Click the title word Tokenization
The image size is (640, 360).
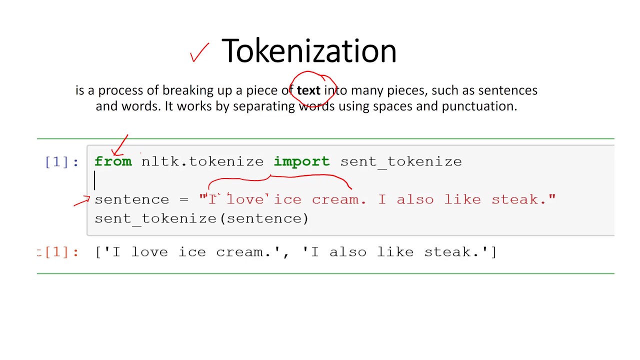[308, 51]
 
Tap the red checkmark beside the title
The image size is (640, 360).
[199, 52]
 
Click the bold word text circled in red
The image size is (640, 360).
[308, 90]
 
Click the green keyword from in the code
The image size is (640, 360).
[113, 161]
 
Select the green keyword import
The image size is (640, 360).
[301, 161]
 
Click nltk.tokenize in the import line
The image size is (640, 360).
[202, 161]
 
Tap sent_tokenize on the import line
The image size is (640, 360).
[401, 161]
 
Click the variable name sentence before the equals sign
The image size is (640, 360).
[132, 199]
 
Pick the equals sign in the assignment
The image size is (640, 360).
[185, 199]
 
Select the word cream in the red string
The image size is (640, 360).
[335, 199]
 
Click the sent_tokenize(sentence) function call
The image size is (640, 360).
[201, 218]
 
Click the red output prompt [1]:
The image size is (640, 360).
[59, 252]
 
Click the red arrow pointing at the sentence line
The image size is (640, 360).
[81, 201]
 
